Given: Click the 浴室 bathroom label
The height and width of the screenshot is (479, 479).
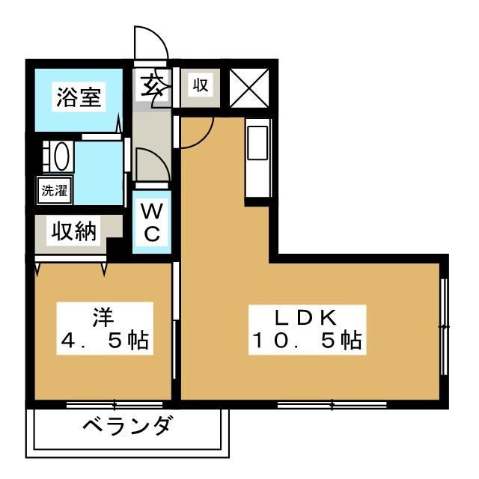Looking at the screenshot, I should click(x=79, y=98).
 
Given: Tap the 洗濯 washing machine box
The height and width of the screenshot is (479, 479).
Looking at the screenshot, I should click(x=53, y=190).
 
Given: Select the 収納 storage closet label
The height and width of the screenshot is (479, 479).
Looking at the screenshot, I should click(x=74, y=232).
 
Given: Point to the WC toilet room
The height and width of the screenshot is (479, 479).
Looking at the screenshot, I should click(x=152, y=221).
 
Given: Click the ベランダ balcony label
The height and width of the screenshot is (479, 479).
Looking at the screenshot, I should click(x=127, y=429).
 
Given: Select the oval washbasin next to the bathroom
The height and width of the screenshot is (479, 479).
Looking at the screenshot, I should click(x=60, y=158).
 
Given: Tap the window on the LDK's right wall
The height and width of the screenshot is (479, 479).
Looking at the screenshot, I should click(x=445, y=326).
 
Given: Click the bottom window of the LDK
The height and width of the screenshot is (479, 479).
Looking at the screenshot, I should click(x=332, y=405).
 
